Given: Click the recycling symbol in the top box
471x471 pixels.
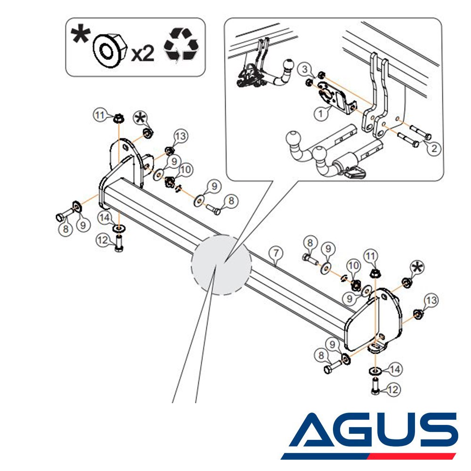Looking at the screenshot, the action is pyautogui.click(x=181, y=44).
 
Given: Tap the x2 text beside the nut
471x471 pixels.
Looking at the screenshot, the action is pyautogui.click(x=143, y=54).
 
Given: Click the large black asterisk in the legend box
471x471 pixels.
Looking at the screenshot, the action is pyautogui.click(x=80, y=35).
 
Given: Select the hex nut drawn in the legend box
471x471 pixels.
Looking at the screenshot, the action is pyautogui.click(x=110, y=49).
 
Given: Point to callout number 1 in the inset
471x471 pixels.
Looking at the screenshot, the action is pyautogui.click(x=320, y=114).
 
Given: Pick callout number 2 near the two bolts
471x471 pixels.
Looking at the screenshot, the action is pyautogui.click(x=434, y=148).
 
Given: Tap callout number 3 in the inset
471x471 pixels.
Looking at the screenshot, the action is pyautogui.click(x=304, y=69).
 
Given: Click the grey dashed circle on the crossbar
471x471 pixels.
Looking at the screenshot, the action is pyautogui.click(x=221, y=264).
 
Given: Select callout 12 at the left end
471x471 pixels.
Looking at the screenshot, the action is pyautogui.click(x=103, y=240).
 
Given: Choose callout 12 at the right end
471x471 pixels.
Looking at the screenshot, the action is pyautogui.click(x=393, y=390).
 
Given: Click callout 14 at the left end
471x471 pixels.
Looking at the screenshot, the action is pyautogui.click(x=105, y=217).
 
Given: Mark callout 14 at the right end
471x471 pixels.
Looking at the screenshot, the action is pyautogui.click(x=395, y=369).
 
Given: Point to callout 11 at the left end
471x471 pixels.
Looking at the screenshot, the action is pyautogui.click(x=99, y=115).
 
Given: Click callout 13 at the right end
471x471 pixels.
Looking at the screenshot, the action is pyautogui.click(x=431, y=300).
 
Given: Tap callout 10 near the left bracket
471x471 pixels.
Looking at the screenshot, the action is pyautogui.click(x=186, y=170).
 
